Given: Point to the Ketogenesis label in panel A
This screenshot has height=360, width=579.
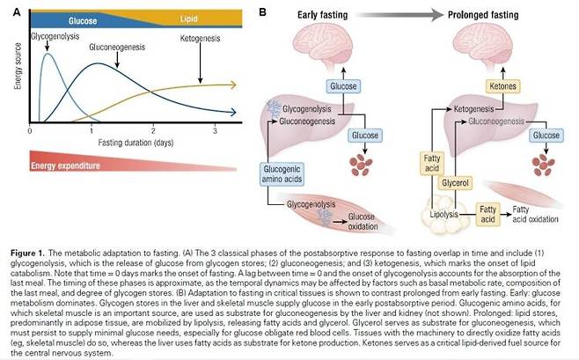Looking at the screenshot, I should pos(200,40).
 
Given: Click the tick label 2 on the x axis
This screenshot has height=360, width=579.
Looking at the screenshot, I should pos(153,129).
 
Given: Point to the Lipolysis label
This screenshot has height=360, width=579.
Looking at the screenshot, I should pos(444,211).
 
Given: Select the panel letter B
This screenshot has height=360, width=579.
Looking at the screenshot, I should pos(261,11).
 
